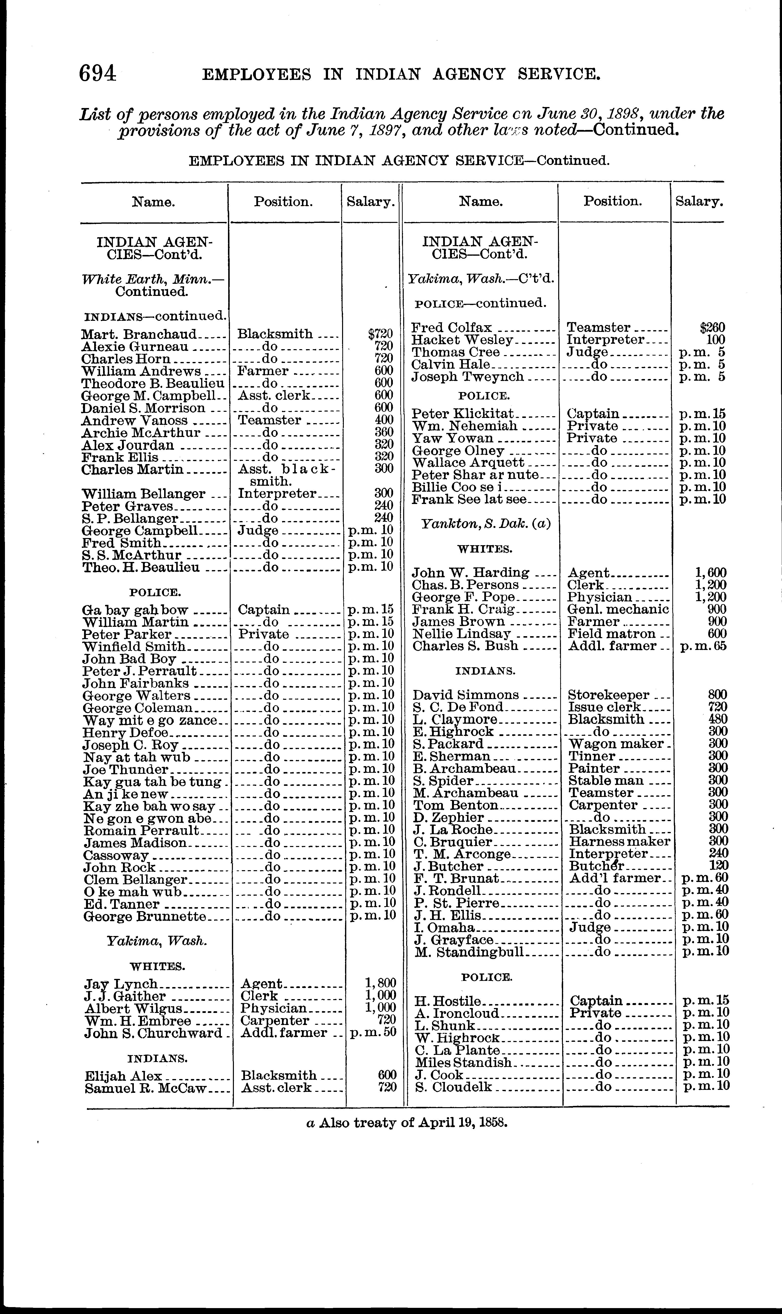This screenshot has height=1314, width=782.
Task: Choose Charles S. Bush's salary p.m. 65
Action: pos(703,646)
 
